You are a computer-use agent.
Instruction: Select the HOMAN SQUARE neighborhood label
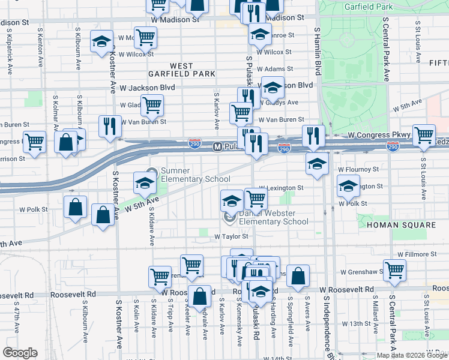click(400, 224)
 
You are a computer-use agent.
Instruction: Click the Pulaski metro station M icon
click(218, 146)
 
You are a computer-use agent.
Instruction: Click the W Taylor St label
click(231, 237)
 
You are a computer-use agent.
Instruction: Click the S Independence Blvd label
click(328, 324)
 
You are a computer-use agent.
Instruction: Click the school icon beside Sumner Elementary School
click(145, 184)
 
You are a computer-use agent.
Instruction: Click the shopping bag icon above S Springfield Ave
click(298, 275)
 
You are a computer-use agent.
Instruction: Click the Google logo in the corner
click(20, 352)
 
